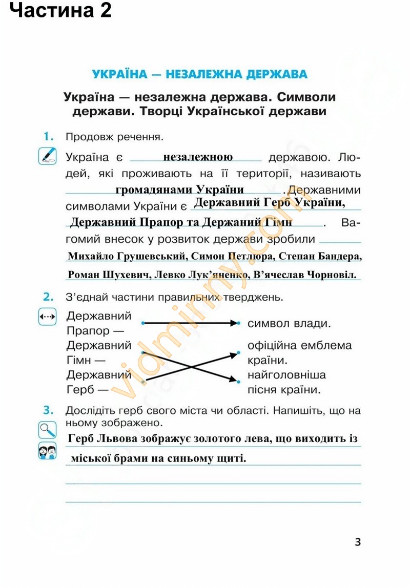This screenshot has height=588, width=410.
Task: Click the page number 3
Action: [x=358, y=541]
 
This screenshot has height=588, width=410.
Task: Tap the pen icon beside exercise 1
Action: [x=47, y=156]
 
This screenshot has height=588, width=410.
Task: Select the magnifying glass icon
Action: [x=47, y=429]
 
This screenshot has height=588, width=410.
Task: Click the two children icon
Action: [x=47, y=451]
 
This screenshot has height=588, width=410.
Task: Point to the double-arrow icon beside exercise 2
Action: [x=47, y=317]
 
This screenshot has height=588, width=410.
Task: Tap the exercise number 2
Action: [x=49, y=297]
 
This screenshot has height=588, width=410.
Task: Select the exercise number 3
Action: [x=49, y=410]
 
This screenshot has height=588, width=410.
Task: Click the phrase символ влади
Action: [x=288, y=324]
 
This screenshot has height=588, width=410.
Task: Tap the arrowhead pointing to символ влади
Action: [x=236, y=323]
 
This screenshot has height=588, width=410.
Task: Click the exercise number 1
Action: [x=49, y=136]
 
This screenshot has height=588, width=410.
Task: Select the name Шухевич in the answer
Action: [x=125, y=275]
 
